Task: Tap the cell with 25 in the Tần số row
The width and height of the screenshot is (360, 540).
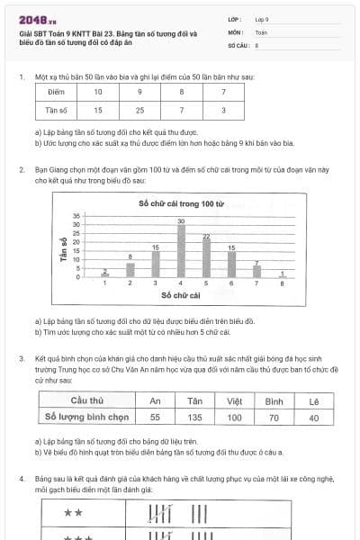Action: click(x=139, y=110)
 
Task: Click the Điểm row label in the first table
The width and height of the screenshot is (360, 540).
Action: click(x=57, y=92)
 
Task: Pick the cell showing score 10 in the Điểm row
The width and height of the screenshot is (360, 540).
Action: click(x=98, y=92)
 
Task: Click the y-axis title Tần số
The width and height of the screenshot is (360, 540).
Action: click(x=65, y=246)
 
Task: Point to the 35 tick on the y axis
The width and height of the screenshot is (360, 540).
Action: click(x=76, y=216)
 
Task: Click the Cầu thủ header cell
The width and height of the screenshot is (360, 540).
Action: click(x=85, y=400)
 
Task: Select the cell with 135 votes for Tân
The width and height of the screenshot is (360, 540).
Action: click(x=192, y=418)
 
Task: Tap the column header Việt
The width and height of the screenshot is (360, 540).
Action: click(x=234, y=400)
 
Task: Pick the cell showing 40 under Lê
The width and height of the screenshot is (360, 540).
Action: click(x=313, y=418)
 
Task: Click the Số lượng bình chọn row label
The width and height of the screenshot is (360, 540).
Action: click(x=85, y=418)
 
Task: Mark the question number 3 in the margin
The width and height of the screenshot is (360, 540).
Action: click(x=21, y=358)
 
